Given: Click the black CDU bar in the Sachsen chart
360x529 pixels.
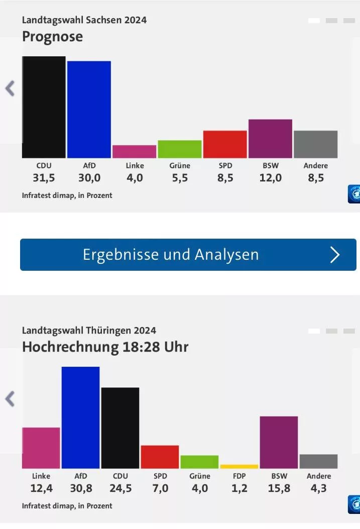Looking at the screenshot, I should pos(44,107).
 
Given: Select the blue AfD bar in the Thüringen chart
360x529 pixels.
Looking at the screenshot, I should pos(80,417).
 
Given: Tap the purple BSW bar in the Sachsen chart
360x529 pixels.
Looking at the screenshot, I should pos(270,139).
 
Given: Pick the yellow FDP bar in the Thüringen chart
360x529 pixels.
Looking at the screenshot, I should pos(239,467).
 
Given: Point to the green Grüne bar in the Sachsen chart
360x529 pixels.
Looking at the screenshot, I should pos(180,149).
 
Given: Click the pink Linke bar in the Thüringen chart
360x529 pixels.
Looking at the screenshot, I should pos(41,448).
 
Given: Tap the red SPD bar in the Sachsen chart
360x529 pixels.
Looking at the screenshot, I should pos(225,144).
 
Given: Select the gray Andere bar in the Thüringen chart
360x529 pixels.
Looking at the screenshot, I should pos(318,461).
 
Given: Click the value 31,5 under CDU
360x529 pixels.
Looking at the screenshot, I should pos(44,178).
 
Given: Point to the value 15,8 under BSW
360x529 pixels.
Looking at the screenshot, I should pos(279,488).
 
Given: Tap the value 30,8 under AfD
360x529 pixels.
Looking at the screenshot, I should pos(80,488).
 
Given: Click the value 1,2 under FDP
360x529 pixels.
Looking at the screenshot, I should pos(239,488).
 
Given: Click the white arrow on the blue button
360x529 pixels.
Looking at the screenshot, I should pos(335,255).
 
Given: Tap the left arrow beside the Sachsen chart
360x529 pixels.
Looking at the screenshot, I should pos(10,88).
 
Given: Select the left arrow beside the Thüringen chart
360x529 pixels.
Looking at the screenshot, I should pos(10,399).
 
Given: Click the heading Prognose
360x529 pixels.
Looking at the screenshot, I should pos(52,37).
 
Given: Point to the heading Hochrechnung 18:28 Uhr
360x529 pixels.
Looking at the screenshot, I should pos(105,347).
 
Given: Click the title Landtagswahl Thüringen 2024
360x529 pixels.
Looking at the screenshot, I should pos(89,330).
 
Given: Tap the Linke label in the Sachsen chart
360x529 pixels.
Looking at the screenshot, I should pos(135,165).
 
